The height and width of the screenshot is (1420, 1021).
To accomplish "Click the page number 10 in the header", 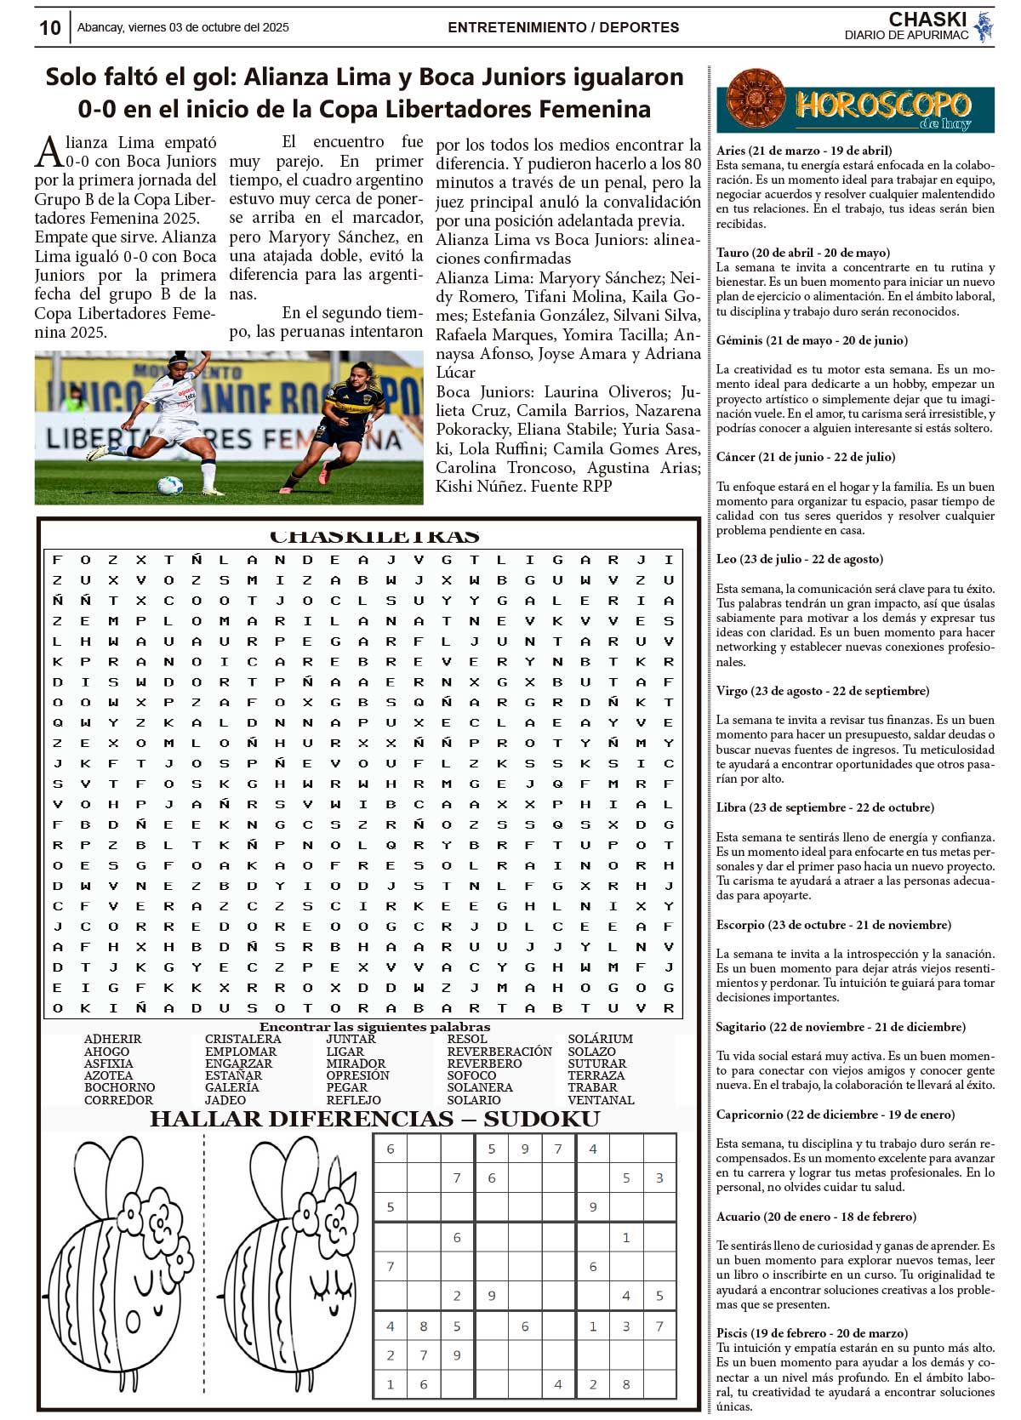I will (49, 28).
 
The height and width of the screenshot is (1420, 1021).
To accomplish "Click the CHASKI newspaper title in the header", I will (927, 20).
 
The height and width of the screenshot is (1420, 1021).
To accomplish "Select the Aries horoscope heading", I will (803, 151).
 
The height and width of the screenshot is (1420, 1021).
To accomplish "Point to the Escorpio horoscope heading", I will (833, 925).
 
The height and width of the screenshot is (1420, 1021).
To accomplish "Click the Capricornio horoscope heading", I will (835, 1115).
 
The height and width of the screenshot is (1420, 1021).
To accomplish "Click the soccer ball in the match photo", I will (169, 485).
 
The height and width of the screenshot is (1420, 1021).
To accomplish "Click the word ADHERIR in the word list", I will (112, 1040).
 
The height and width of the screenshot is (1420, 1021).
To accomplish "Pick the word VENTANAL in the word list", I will (601, 1100).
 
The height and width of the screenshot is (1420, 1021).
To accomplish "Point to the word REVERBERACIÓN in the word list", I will (499, 1052).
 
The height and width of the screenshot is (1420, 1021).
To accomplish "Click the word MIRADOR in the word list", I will (356, 1064).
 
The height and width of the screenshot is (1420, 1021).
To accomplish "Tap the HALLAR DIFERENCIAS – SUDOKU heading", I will (374, 1119).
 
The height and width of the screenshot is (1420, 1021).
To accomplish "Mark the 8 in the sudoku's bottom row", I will (626, 1384).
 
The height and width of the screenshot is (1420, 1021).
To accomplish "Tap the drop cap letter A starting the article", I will (48, 152).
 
